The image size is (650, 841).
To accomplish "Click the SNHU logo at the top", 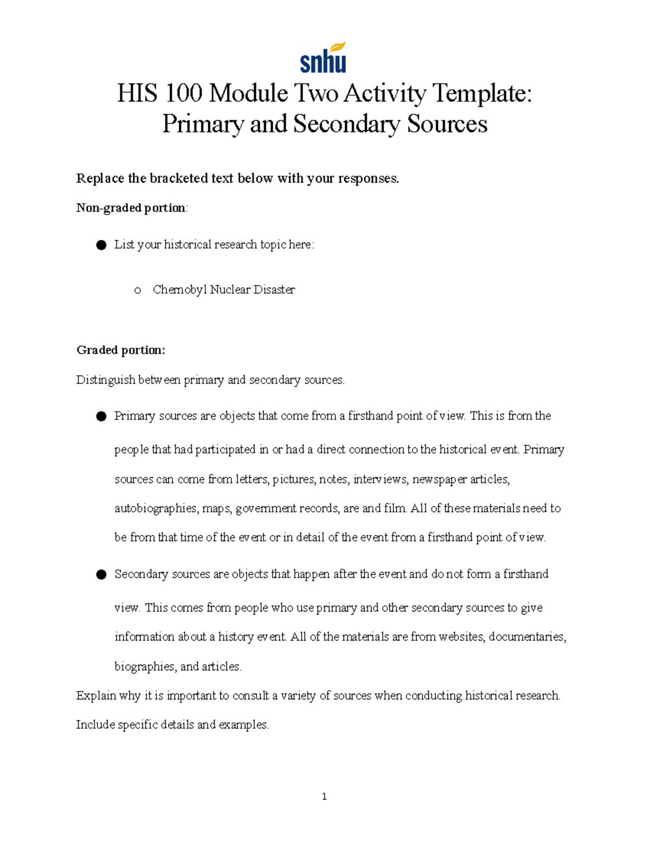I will (323, 57).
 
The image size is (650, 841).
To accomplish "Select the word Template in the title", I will (479, 94).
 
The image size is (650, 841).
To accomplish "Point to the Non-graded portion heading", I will (132, 208).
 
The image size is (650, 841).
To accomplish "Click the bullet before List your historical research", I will (101, 245).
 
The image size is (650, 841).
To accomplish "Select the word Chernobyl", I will (180, 290).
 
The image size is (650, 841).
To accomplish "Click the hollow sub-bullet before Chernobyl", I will (138, 291).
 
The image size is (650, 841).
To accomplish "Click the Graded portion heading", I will (121, 350).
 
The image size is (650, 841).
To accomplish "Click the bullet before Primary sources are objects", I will (101, 416).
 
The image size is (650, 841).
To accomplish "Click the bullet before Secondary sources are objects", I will (101, 575).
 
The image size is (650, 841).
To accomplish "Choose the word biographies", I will (145, 667).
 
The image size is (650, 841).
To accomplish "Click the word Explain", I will (96, 696).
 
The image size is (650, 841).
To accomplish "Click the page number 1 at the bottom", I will (324, 796).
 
